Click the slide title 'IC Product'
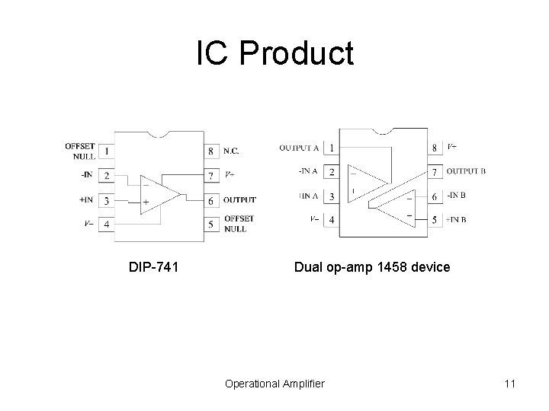point(274,54)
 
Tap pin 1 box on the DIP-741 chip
point(107,151)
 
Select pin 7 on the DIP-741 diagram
point(211,176)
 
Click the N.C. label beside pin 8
point(233,151)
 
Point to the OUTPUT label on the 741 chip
point(239,200)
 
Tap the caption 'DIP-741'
point(154,268)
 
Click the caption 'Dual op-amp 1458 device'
point(372,268)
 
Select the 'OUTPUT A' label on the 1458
point(299,147)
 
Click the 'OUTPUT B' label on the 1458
point(466,170)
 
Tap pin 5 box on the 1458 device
point(434,220)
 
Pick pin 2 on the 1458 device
point(332,171)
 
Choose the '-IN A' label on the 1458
point(309,171)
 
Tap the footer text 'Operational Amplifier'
point(274,384)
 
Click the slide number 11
point(510,384)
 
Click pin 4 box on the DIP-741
point(107,225)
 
